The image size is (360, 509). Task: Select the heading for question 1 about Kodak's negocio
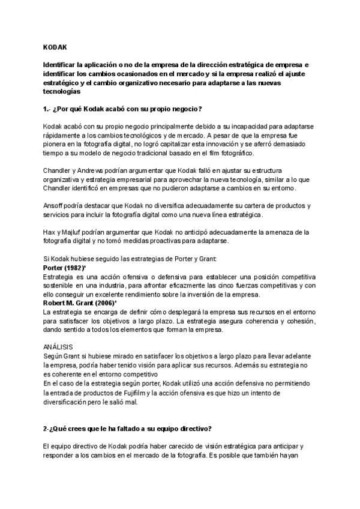coord(122,109)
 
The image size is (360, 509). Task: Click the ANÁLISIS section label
coord(58,347)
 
